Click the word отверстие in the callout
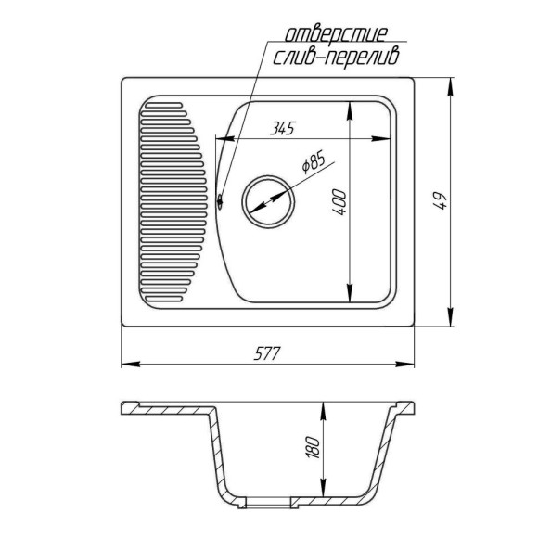[x=336, y=34]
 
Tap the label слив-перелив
[x=336, y=58]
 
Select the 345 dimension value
[x=282, y=129]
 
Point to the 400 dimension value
[x=339, y=202]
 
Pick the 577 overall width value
[x=266, y=353]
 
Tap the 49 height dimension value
[x=441, y=201]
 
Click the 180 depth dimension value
[x=313, y=447]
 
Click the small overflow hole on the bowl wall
[x=220, y=200]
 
